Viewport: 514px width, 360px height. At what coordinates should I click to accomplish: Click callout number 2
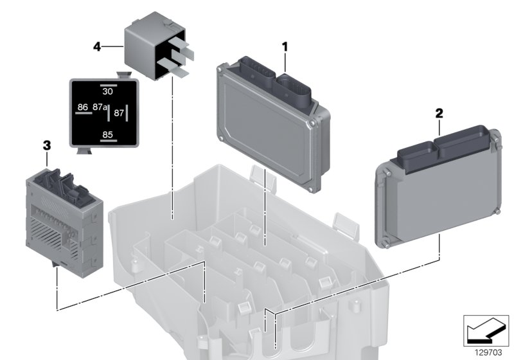[439, 113]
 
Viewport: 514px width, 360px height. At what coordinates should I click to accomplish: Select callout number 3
[46, 146]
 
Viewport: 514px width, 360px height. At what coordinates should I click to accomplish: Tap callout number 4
[96, 46]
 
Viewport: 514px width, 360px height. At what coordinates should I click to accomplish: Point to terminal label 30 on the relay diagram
[108, 92]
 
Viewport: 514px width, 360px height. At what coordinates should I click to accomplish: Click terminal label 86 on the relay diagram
[83, 107]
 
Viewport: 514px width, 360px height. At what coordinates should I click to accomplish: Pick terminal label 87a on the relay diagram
[100, 107]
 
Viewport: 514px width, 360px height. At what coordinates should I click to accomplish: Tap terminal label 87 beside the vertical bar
[118, 113]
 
